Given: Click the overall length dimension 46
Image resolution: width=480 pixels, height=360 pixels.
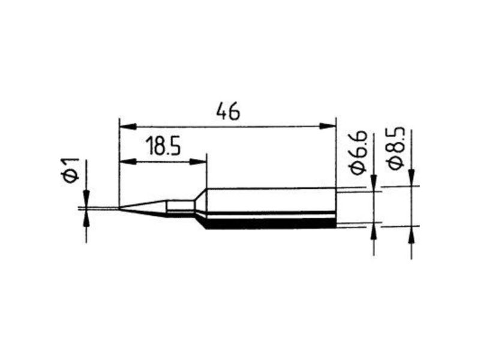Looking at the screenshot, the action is pos(228,112).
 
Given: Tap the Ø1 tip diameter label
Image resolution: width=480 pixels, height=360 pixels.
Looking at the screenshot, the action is pos(71,170).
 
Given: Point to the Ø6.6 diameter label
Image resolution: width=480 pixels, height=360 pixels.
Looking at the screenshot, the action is pos(358,152).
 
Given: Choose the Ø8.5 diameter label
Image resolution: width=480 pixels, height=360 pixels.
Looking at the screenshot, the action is pos(396,148).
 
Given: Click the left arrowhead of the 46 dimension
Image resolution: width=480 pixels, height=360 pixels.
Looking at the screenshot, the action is pos(128,126).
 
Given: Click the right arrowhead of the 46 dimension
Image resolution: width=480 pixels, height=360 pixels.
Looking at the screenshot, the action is pos(327,126).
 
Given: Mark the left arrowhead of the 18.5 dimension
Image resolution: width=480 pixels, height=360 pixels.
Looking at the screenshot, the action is pos(128,161).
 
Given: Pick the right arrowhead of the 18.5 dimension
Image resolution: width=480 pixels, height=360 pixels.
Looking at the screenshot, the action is pos(198,161).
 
